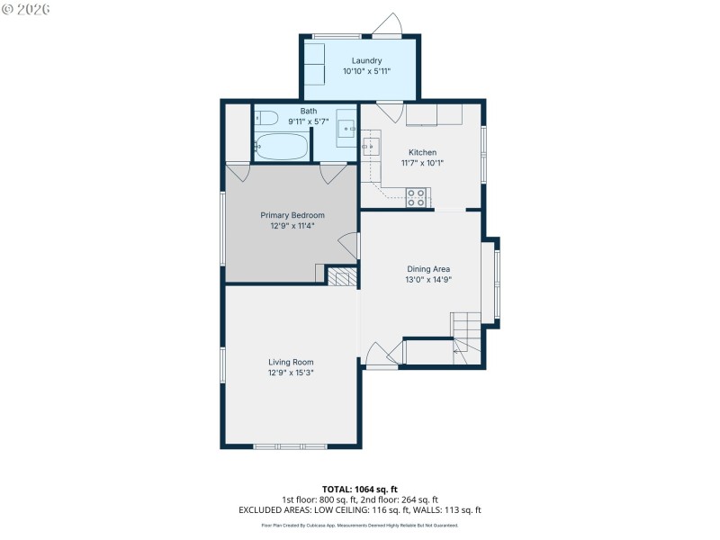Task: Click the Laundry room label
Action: [x=360, y=60]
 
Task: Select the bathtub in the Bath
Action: [x=283, y=146]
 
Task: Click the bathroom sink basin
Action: [x=348, y=130]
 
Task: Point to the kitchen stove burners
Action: [x=417, y=197]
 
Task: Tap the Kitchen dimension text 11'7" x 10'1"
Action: [x=422, y=163]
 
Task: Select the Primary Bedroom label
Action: [x=292, y=215]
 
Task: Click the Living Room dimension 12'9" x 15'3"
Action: [x=291, y=372]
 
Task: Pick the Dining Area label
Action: [x=428, y=268]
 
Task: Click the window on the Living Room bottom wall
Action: [x=290, y=446]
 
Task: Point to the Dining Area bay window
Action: [x=495, y=279]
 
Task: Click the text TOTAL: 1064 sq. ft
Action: [x=360, y=490]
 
